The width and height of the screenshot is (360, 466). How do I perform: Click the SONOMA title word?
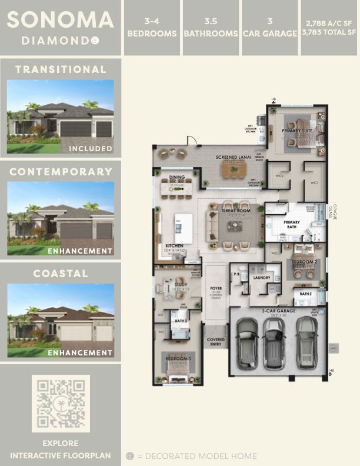[61, 20]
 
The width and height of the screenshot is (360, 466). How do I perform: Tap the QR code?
[61, 403]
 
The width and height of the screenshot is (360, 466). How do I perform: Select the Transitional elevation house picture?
[61, 116]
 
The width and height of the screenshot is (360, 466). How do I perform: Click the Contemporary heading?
[61, 172]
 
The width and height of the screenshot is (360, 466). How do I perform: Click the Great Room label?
[236, 210]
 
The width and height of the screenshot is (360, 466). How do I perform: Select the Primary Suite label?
[296, 131]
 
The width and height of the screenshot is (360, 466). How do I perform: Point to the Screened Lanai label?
[234, 158]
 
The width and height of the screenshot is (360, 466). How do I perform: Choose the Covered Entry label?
[215, 342]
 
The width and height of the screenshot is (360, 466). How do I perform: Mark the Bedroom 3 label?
[177, 358]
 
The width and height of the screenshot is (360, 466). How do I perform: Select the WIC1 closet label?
[314, 183]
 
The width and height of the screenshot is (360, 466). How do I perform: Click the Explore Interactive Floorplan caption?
[61, 450]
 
